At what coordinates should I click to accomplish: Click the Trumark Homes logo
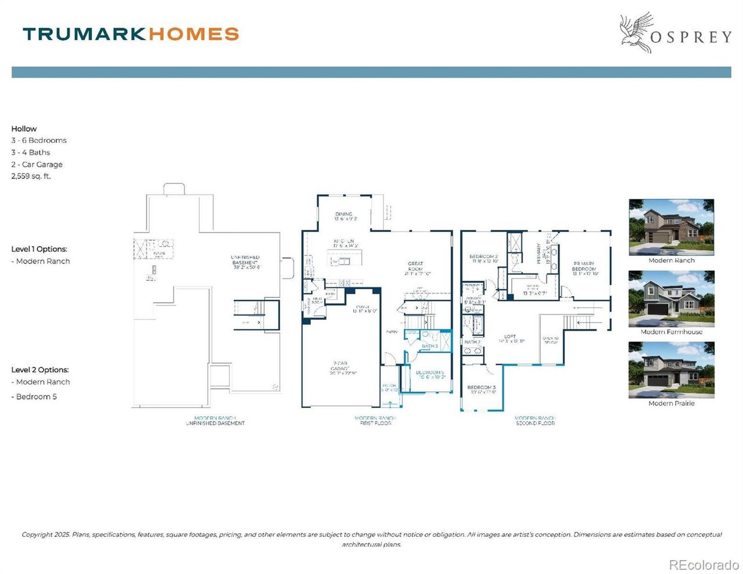(131, 34)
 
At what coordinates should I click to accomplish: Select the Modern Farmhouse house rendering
(671, 298)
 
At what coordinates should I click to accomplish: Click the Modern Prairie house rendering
(671, 370)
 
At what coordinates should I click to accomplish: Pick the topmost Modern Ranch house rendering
(671, 227)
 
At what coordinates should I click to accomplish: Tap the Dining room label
(344, 216)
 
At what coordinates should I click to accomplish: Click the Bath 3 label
(430, 346)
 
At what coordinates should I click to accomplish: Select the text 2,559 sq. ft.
(31, 176)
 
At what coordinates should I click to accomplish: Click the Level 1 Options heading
(39, 249)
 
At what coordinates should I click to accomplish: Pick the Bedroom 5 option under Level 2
(36, 397)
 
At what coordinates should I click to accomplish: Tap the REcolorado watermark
(704, 564)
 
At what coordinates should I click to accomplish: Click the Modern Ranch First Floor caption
(375, 420)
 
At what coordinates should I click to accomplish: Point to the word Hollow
(24, 129)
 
